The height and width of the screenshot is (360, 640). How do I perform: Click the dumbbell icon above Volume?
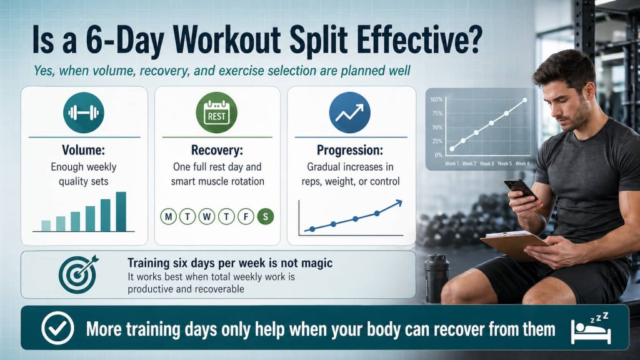pyautogui.click(x=84, y=112)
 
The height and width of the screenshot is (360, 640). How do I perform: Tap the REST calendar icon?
pyautogui.click(x=217, y=112)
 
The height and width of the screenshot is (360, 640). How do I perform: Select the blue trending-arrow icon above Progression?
pyautogui.click(x=349, y=112)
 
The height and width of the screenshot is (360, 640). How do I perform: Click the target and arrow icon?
pyautogui.click(x=77, y=274)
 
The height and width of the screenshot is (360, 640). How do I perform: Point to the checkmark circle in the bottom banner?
pyautogui.click(x=55, y=328)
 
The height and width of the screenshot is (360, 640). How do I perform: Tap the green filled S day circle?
pyautogui.click(x=266, y=217)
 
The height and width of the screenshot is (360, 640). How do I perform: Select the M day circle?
pyautogui.click(x=168, y=217)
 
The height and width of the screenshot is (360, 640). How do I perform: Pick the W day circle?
pyautogui.click(x=207, y=217)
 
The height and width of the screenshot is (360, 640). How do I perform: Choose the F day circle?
pyautogui.click(x=246, y=217)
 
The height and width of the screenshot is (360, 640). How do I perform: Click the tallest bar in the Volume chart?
pyautogui.click(x=121, y=211)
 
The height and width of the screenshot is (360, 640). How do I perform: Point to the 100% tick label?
pyautogui.click(x=436, y=100)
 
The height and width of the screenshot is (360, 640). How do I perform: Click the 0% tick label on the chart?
pyautogui.click(x=438, y=154)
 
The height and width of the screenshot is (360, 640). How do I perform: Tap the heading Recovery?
pyautogui.click(x=217, y=151)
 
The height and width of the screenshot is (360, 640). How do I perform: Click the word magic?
pyautogui.click(x=316, y=263)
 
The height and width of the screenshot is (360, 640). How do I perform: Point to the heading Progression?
pyautogui.click(x=349, y=151)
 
